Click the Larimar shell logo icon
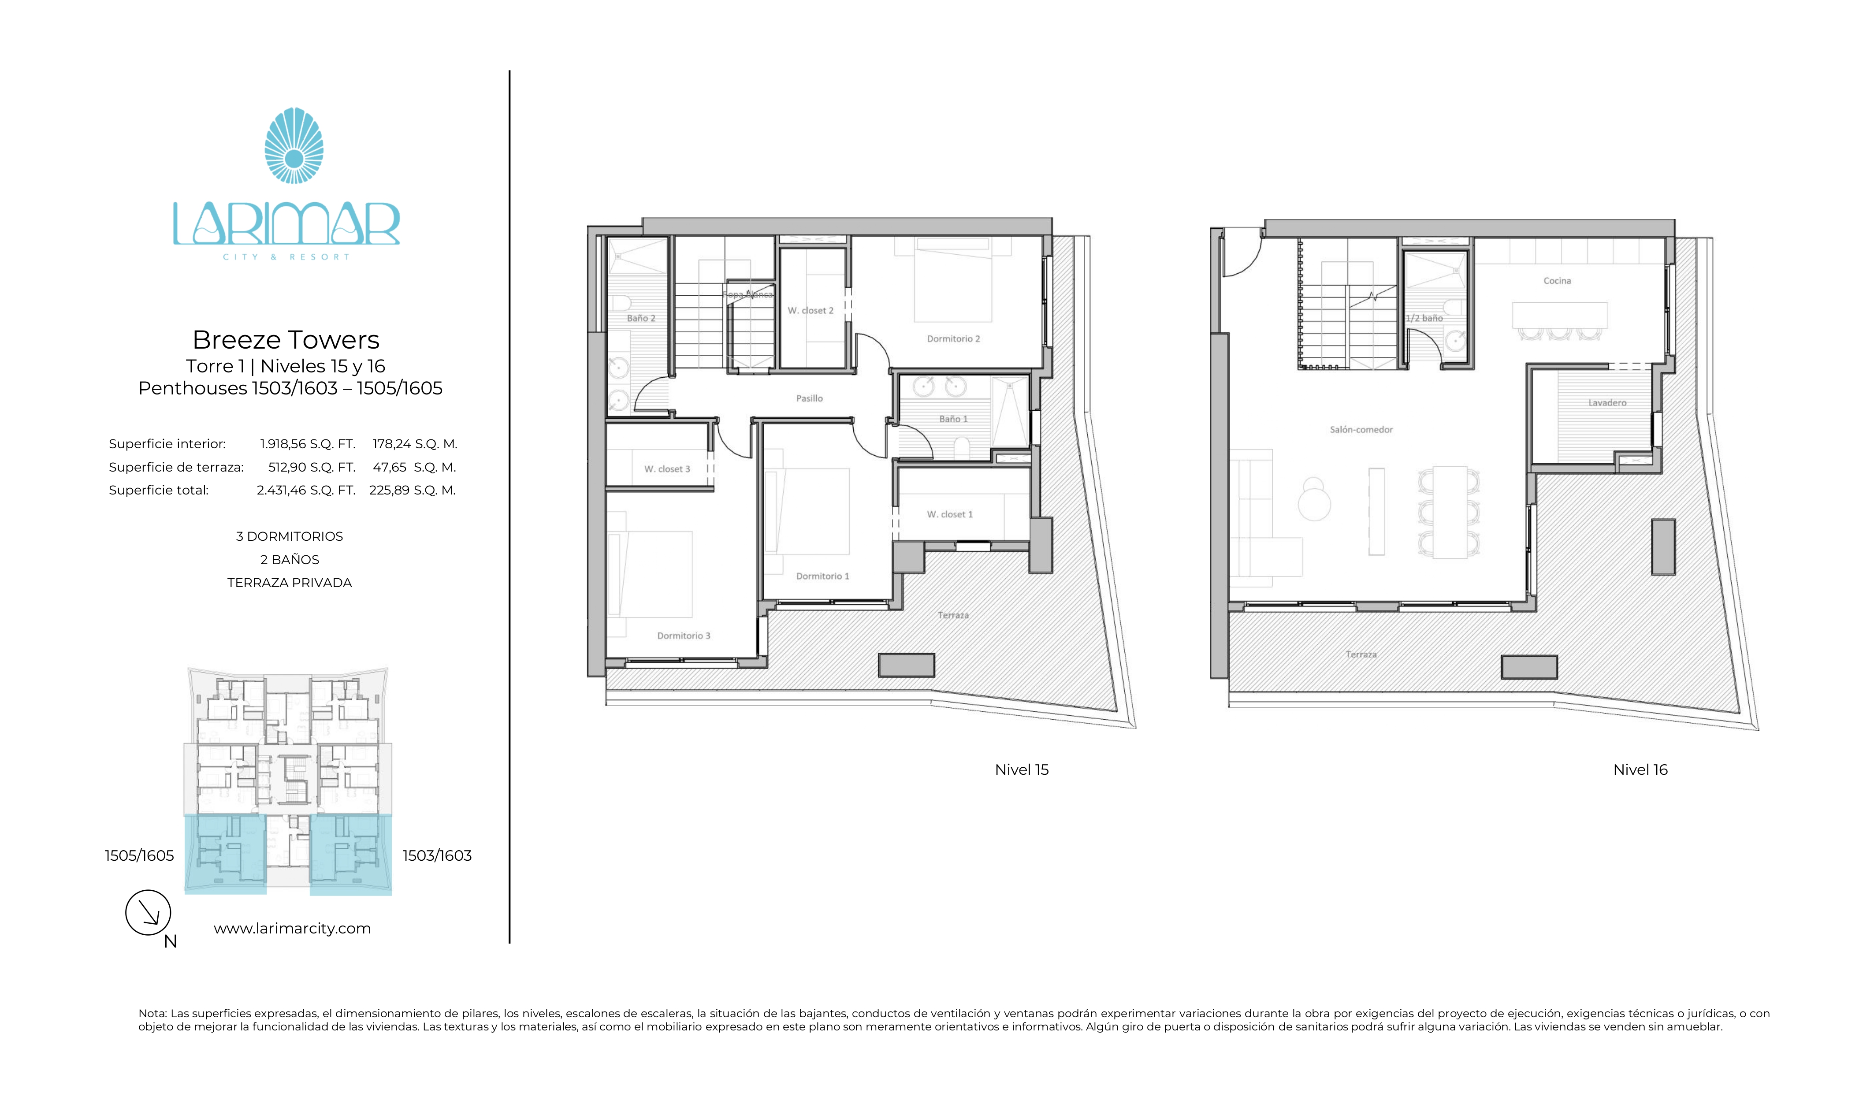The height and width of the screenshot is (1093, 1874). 294,146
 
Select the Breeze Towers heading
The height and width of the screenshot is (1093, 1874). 286,340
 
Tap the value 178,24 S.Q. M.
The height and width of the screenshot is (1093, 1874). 414,444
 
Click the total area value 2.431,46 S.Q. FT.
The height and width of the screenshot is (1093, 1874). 305,490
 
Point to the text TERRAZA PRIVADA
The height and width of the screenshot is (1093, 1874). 289,583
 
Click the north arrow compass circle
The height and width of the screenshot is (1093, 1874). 148,912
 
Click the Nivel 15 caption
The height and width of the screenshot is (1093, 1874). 1021,770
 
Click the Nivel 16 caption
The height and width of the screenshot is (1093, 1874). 1640,770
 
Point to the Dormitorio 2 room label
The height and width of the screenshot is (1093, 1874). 952,339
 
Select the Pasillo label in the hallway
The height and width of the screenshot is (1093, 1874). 809,398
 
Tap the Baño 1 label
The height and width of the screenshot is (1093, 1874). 952,420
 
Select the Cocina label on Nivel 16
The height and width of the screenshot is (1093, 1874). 1557,281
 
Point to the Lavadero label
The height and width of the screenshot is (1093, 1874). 1607,403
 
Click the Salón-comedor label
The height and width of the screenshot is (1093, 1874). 1361,430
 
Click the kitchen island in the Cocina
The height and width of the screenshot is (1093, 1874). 1559,315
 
